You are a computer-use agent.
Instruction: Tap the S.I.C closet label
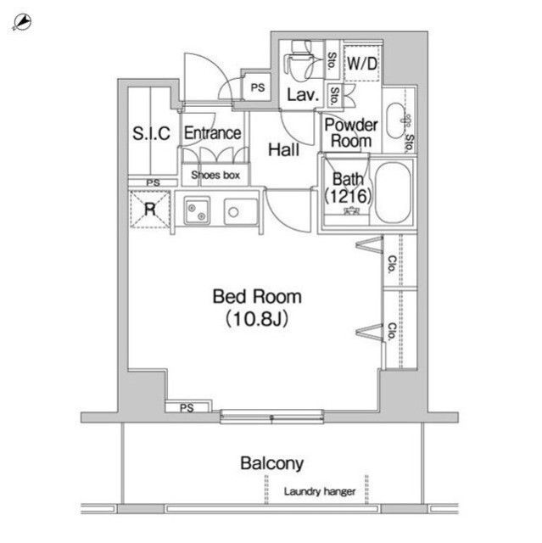152,133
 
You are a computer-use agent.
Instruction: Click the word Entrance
212,133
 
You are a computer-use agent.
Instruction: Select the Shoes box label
215,176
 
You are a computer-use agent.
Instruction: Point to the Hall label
282,150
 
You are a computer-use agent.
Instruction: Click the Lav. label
302,95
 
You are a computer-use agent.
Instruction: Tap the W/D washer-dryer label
362,63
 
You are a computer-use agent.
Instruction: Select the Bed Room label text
257,297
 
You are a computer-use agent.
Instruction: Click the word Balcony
271,463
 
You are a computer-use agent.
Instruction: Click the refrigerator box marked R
149,210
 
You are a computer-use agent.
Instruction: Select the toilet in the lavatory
297,61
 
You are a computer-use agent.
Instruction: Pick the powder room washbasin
395,120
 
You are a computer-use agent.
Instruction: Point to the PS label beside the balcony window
187,408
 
